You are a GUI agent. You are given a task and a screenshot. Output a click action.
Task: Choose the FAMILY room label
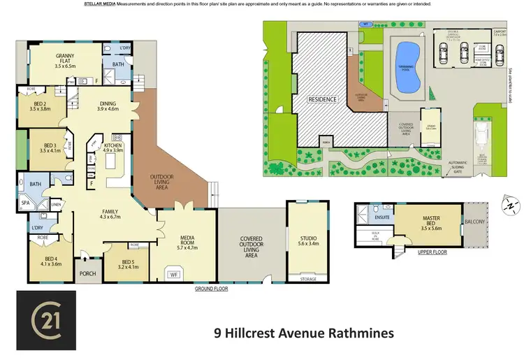point(110,213)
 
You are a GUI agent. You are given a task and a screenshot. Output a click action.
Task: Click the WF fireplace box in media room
point(175,275)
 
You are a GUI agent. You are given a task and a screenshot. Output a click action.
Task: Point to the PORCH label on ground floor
point(88,273)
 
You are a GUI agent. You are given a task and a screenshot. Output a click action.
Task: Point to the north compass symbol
point(511,205)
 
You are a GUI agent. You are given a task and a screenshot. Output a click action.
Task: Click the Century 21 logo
point(46,324)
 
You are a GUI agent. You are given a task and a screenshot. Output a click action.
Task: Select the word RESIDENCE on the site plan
point(322,99)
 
